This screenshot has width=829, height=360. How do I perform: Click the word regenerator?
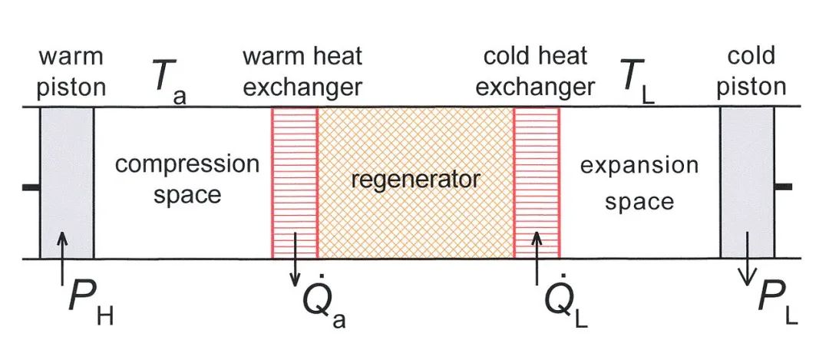(414, 181)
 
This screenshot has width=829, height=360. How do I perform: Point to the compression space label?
(187, 180)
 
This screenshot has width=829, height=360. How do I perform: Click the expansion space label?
(639, 183)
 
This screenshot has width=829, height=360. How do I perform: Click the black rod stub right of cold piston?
(783, 187)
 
